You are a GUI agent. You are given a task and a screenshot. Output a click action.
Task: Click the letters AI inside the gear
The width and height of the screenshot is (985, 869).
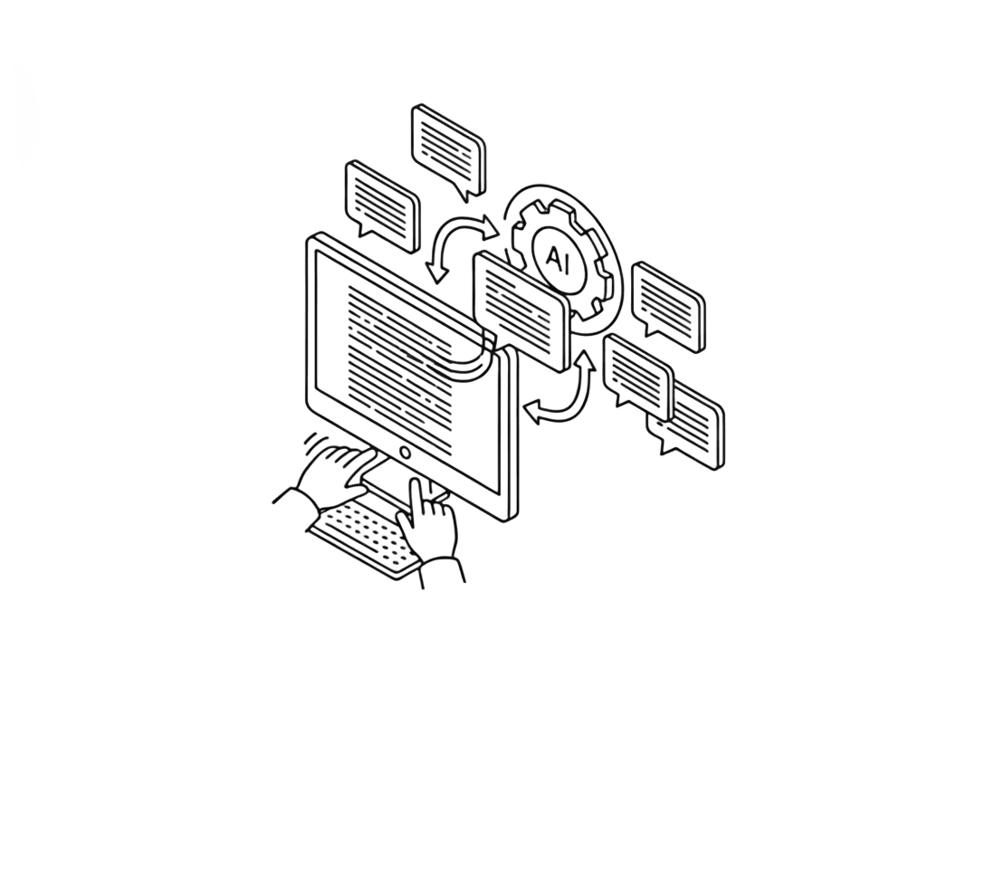coord(557,259)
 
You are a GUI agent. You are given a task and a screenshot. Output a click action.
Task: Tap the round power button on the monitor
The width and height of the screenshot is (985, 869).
coord(406,452)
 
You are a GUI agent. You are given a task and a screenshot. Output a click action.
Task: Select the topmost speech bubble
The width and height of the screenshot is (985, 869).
coord(448,150)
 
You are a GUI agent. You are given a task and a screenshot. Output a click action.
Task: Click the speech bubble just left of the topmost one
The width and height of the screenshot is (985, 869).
coord(382,205)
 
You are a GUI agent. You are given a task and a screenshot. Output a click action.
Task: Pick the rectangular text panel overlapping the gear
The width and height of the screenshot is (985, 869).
coord(522,310)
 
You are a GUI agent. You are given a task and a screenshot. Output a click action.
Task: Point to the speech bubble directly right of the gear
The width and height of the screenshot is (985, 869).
coord(668,306)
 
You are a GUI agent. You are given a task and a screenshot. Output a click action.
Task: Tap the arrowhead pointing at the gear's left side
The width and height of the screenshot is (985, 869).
coord(490,227)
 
